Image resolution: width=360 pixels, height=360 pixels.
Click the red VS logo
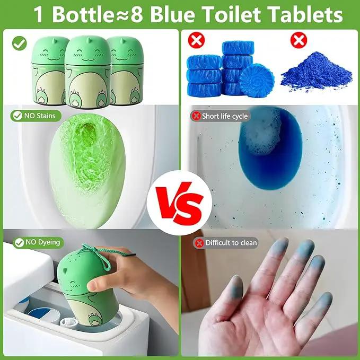179,203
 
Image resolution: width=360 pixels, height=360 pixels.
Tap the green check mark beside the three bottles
20,43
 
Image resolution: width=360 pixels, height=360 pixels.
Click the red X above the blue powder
298,40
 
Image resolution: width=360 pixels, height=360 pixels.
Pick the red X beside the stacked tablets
196,40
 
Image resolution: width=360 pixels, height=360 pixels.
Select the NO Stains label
36,116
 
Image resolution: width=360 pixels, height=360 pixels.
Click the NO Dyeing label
38,242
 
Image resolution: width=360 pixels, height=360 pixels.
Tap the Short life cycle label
220,116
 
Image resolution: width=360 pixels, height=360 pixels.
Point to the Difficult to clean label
226,243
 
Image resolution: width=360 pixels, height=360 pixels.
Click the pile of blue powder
317,72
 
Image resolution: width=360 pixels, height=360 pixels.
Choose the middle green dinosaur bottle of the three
88,72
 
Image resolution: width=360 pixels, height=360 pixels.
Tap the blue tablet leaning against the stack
257,81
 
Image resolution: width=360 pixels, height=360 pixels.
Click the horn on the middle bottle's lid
88,40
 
